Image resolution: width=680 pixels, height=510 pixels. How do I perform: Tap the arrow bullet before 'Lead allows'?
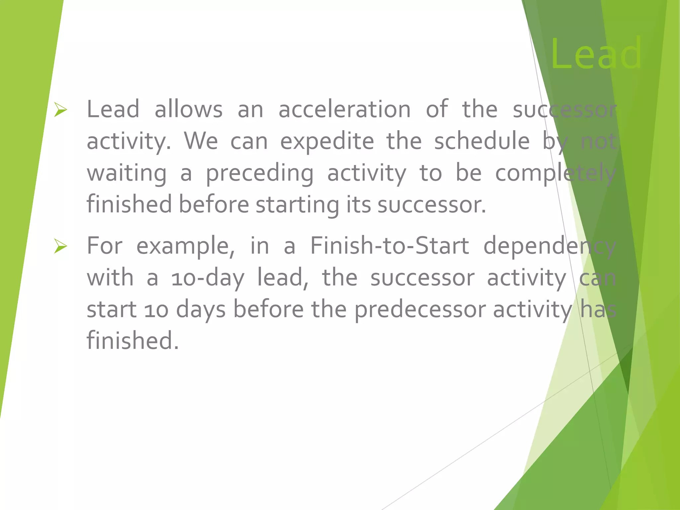point(61,110)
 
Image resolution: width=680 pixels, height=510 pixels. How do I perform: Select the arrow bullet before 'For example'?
point(61,246)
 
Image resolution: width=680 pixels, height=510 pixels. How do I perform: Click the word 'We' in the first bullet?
point(201,141)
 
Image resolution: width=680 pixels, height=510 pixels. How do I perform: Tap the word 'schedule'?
point(482,141)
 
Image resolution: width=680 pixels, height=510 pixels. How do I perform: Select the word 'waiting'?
point(127,174)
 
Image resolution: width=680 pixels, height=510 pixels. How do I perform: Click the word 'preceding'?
point(260,174)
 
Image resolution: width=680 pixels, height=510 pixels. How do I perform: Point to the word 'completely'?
point(555,174)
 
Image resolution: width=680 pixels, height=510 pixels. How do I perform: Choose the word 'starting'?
point(297,205)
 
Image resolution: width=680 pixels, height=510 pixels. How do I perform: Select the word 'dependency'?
point(550,246)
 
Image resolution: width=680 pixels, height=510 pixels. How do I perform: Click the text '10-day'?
point(208,278)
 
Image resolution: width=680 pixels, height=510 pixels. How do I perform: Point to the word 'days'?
point(201,310)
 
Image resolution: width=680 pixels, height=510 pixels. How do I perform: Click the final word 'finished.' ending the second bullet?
point(132,341)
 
